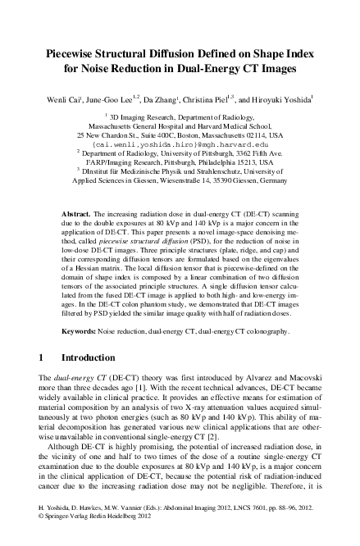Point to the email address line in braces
tap(180, 142)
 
